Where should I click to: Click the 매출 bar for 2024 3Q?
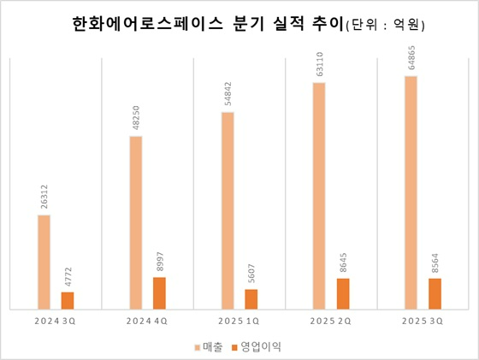coord(44,261)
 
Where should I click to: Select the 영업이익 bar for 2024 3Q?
coord(68,299)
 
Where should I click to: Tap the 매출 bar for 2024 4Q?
coord(135,221)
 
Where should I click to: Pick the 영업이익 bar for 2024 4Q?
coord(159,292)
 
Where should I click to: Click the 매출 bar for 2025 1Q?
coord(228,210)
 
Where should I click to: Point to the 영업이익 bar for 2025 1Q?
coord(251,298)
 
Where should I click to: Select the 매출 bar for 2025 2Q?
coord(319,195)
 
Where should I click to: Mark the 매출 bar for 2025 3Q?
coord(411,192)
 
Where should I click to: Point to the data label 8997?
coord(160,262)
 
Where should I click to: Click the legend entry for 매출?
coord(211,346)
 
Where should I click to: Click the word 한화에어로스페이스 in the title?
coord(141,26)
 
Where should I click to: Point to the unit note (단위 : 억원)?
coord(384,27)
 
